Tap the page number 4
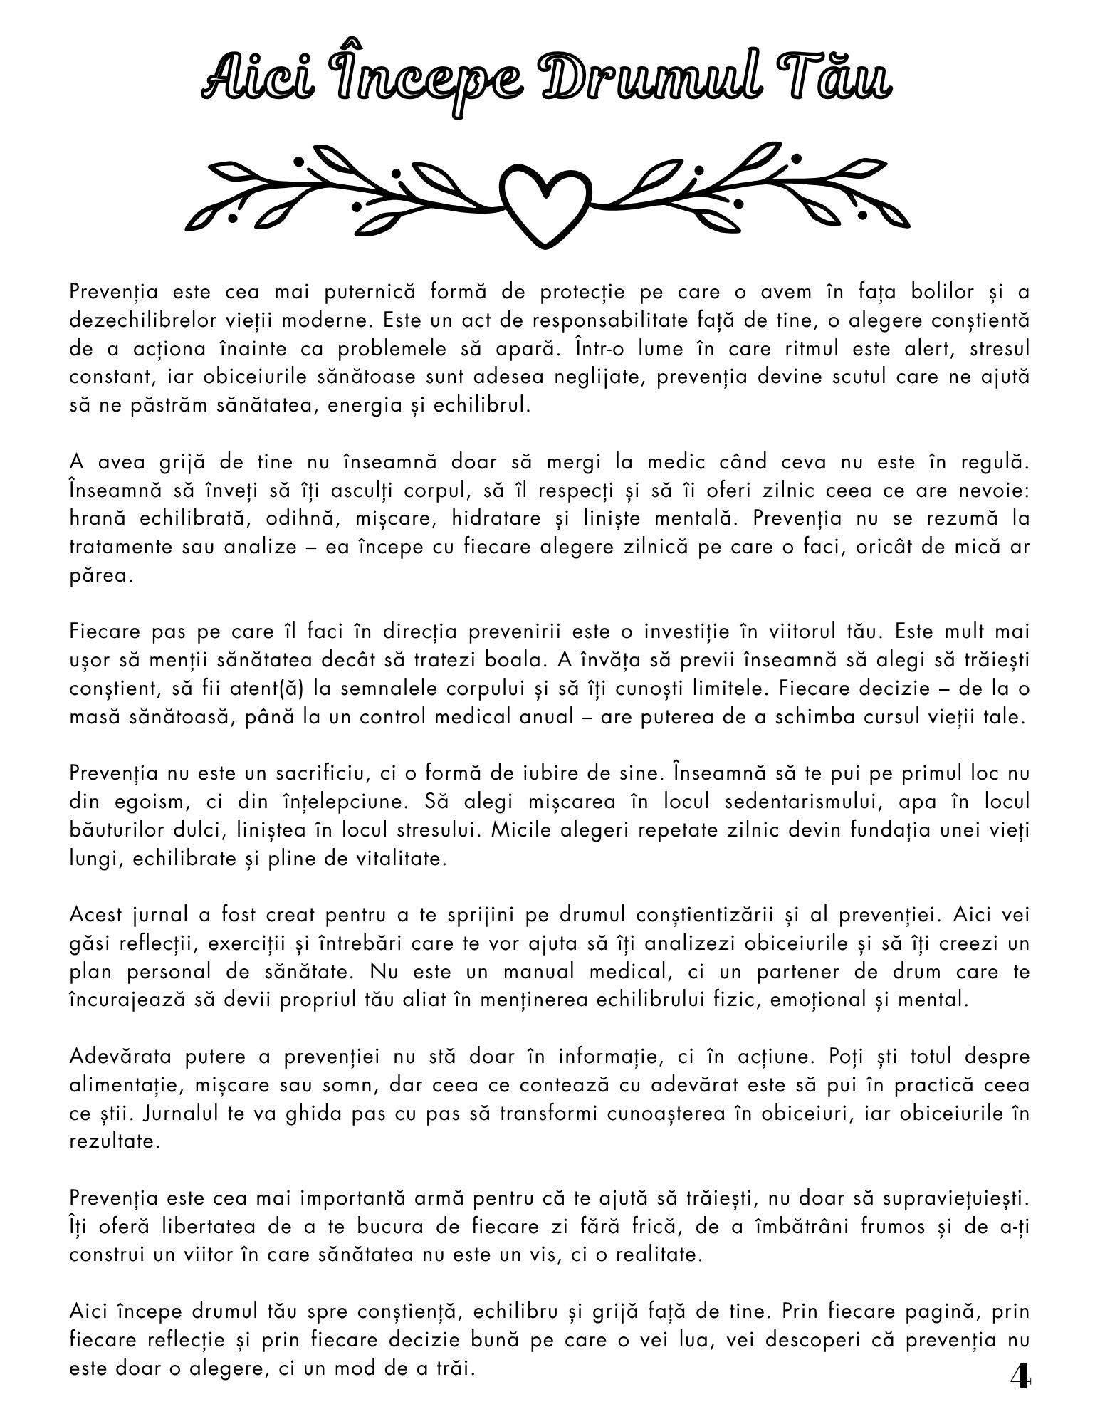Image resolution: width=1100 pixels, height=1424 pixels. tap(1020, 1378)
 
